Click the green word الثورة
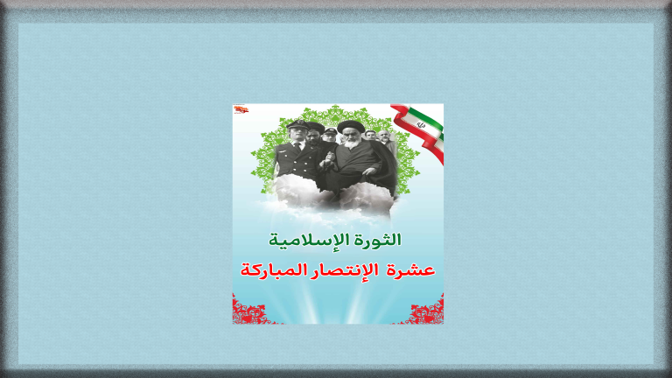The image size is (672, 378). click(x=380, y=239)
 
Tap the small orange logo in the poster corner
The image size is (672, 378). click(x=240, y=109)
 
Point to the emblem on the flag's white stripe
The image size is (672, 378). click(x=421, y=125)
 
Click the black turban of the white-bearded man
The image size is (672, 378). click(x=350, y=127)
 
